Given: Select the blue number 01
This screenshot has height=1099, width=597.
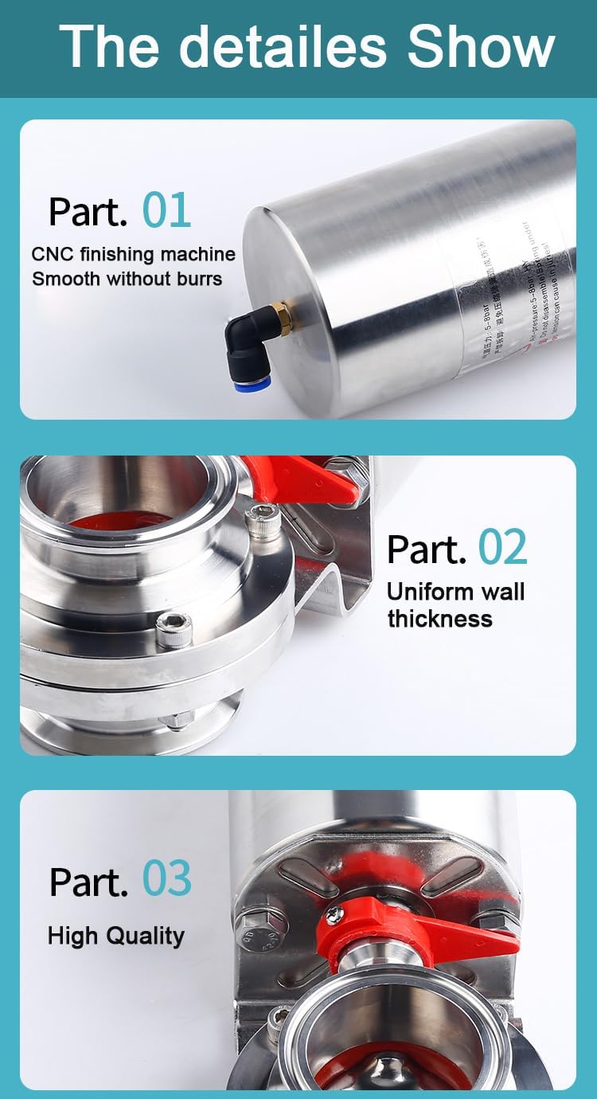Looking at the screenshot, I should [x=166, y=210].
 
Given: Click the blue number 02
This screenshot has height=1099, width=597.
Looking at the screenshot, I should [x=502, y=548].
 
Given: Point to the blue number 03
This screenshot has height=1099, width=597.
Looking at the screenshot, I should [x=167, y=879].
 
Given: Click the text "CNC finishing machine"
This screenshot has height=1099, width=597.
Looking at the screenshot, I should [x=134, y=255].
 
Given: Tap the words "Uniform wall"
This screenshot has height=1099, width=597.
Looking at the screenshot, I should [x=455, y=592].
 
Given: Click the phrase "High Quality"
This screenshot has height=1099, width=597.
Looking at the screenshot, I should [x=115, y=936].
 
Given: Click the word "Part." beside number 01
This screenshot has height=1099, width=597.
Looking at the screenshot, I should [x=88, y=212].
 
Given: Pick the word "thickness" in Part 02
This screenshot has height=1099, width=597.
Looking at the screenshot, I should [x=439, y=619].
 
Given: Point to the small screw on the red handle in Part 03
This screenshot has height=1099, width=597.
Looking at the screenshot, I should [x=335, y=916].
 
